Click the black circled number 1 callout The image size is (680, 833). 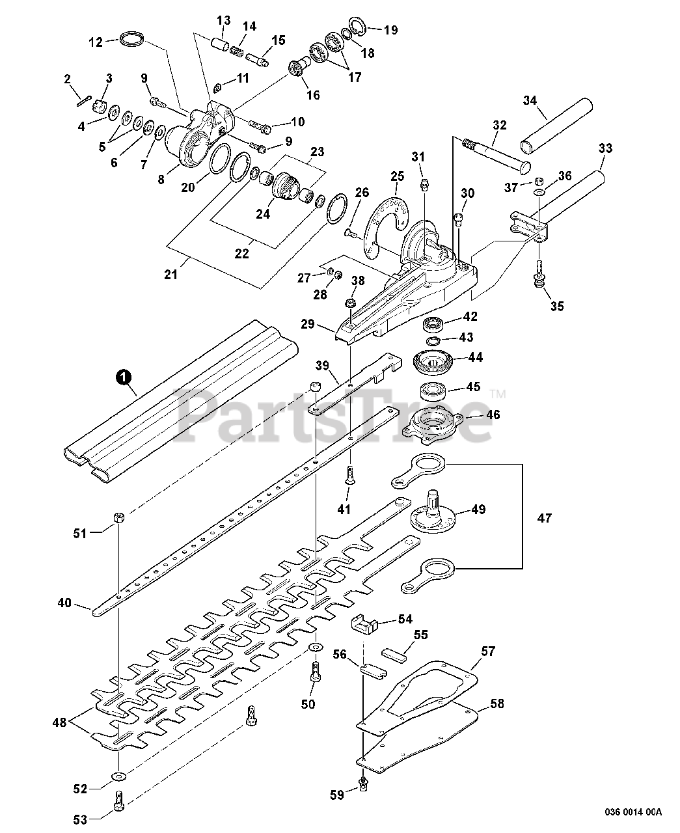click(123, 377)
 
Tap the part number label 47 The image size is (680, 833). click(544, 518)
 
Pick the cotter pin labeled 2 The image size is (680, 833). click(84, 101)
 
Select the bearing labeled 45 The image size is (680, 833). click(433, 392)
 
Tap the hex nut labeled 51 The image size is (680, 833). click(119, 517)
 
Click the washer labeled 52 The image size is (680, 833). click(118, 776)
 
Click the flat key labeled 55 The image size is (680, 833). click(394, 653)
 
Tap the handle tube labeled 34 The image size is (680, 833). click(557, 128)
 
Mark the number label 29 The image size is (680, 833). click(308, 324)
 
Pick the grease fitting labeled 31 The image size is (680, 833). click(424, 184)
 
